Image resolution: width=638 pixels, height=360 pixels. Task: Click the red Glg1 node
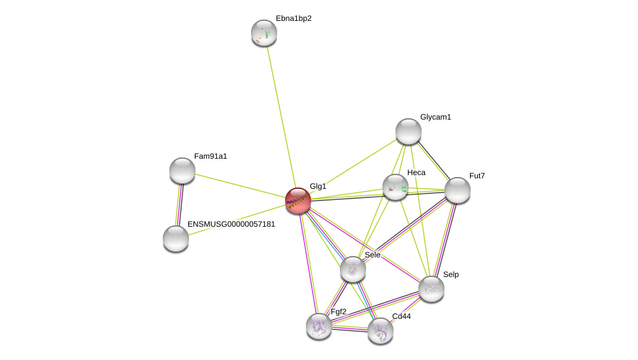(298, 201)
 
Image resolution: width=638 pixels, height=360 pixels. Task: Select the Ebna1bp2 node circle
(264, 33)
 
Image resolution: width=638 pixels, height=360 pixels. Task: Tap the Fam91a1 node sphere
(182, 171)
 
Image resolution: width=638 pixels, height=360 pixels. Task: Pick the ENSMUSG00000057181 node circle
(176, 238)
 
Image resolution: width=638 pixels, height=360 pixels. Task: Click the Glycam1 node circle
(409, 131)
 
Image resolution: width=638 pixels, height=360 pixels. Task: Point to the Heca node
(395, 188)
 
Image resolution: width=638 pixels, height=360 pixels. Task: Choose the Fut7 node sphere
(458, 190)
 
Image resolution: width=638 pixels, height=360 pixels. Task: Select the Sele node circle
(353, 269)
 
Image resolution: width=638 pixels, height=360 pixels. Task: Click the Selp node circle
(431, 289)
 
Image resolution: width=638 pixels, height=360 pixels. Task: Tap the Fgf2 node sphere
(319, 326)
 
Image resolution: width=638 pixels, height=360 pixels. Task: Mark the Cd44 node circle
(380, 331)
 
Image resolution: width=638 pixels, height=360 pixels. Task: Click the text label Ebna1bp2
(294, 18)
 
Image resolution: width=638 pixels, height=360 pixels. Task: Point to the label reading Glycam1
(435, 117)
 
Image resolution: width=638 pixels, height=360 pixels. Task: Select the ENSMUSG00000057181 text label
(231, 224)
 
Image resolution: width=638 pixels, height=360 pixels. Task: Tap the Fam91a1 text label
(210, 156)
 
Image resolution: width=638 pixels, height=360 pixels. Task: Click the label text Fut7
(477, 176)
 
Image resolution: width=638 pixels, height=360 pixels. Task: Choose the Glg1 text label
(318, 186)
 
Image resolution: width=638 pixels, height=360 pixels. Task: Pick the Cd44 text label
(401, 316)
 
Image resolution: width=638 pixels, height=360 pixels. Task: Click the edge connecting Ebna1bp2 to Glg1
(281, 116)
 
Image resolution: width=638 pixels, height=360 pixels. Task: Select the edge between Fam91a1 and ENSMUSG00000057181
(179, 205)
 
